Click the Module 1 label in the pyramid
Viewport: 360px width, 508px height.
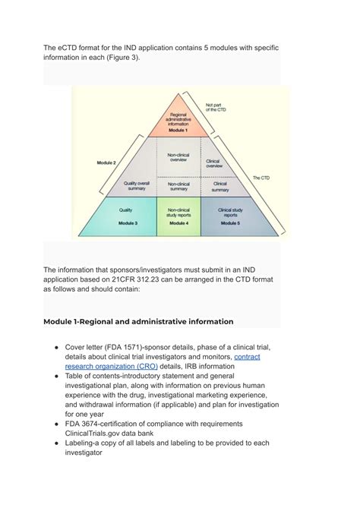coord(178,131)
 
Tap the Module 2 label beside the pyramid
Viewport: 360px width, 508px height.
coord(106,163)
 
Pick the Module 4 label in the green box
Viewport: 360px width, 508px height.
coord(178,223)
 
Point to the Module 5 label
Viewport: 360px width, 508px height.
coord(229,223)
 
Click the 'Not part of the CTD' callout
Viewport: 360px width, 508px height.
coord(217,107)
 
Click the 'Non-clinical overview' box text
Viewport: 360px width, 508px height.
coord(178,157)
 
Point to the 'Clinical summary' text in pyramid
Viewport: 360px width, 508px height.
coord(220,185)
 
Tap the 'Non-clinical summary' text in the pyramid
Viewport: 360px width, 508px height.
coord(178,186)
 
